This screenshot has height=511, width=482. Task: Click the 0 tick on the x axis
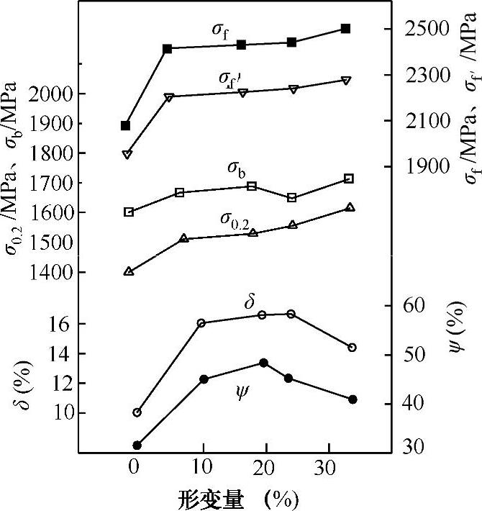click(134, 466)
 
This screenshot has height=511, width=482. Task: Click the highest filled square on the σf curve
click(345, 29)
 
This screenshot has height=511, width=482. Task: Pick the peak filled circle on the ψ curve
click(263, 363)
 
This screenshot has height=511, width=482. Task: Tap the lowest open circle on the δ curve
click(137, 412)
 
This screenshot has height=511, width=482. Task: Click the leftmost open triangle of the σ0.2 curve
click(129, 271)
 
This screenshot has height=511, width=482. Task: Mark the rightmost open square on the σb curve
click(350, 178)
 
